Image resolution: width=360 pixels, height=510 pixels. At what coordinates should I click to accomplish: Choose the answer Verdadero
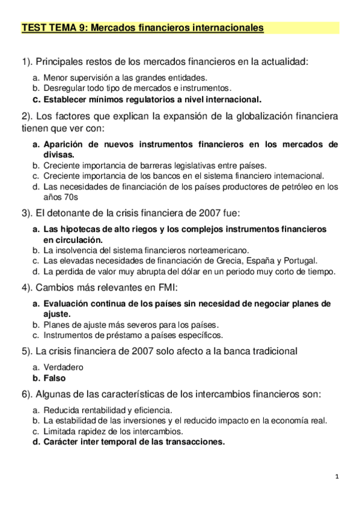click(x=64, y=367)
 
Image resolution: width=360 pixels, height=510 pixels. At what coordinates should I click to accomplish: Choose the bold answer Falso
click(x=55, y=378)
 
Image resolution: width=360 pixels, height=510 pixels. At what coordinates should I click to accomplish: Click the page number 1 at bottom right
click(x=338, y=477)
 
